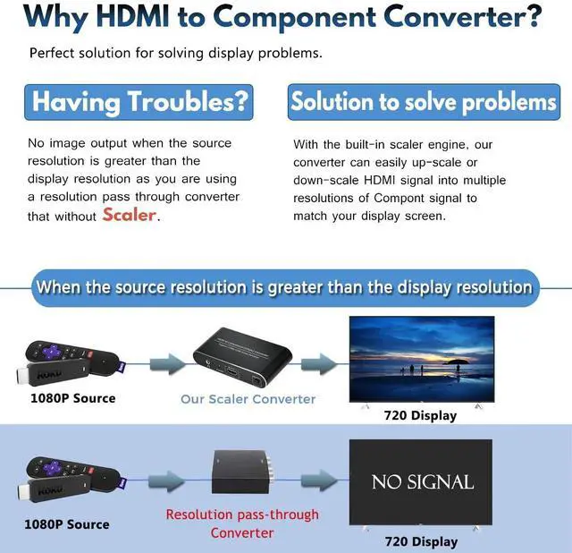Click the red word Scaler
coord(130,216)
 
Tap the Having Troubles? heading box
coord(139,102)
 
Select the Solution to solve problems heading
coord(423,102)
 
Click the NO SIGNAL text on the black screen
coord(423,481)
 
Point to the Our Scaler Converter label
coord(248,399)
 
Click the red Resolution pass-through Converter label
coord(242,523)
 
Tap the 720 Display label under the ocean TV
coord(420,415)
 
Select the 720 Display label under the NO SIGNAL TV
coord(420,541)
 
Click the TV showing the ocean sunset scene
coord(421,360)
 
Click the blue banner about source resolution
coord(283,288)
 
